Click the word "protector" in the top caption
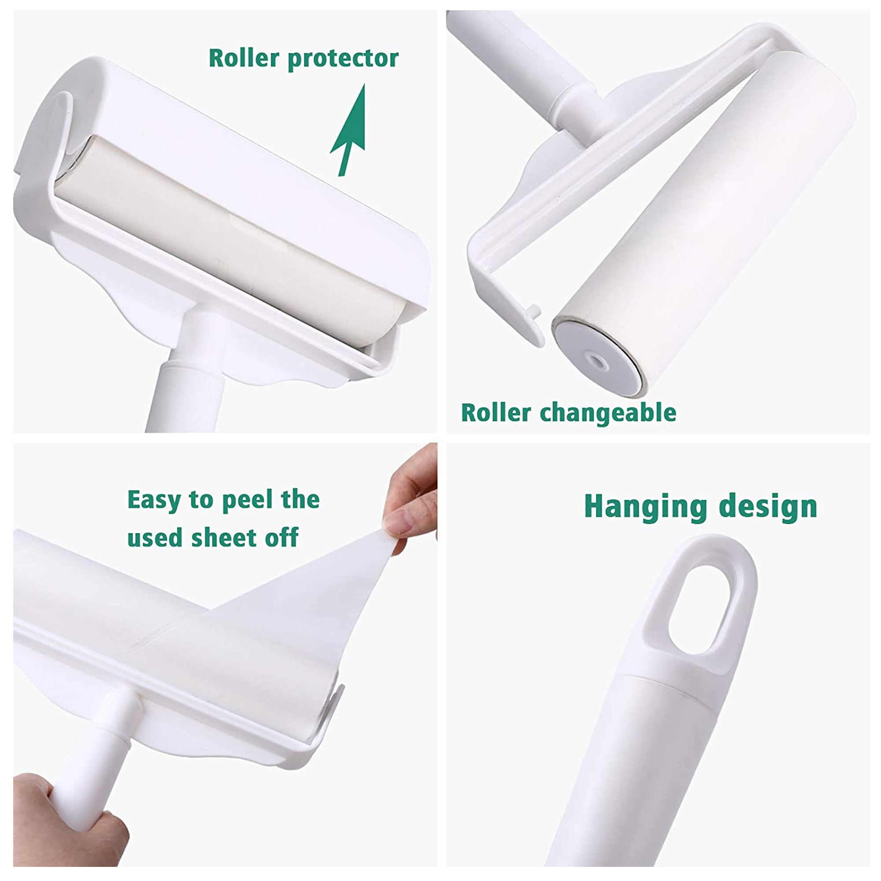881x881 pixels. [343, 59]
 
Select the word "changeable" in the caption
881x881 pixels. [608, 413]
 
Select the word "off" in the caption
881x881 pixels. [282, 537]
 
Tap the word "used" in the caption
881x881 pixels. [155, 537]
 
